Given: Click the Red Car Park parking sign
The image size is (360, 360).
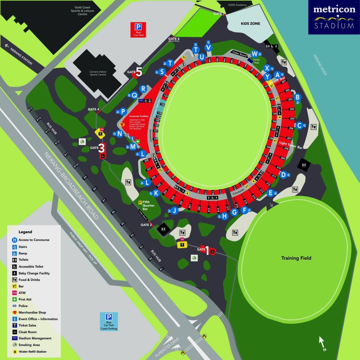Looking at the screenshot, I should point(138,27).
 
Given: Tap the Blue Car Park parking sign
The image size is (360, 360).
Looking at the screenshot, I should point(109,317).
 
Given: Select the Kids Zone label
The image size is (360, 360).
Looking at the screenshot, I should point(250,23).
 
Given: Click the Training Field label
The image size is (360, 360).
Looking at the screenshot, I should point(296,258).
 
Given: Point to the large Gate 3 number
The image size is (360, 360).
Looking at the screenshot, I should point(102,148).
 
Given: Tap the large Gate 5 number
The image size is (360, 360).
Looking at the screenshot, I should point(139,72).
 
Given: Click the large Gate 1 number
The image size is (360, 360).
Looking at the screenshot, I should point(207,250).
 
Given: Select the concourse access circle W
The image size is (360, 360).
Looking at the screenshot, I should point(254,54).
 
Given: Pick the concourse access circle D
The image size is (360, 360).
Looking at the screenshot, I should point(283,174).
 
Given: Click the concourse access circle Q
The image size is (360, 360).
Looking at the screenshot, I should point(134,95).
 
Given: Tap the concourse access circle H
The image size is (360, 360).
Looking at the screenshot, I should point(225,216).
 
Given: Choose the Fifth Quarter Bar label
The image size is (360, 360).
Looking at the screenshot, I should point(148,205).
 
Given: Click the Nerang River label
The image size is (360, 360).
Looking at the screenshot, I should point(320,65).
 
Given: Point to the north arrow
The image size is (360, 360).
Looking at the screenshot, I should point(322,342).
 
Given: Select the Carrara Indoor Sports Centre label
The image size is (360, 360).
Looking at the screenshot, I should point(98,73).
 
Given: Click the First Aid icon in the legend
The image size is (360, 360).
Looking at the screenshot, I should point(14,299).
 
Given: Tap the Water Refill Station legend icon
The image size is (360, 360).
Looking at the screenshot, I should point(14,352).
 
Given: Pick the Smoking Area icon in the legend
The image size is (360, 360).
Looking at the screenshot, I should point(14,345).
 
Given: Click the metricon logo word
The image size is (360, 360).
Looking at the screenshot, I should point(334,9).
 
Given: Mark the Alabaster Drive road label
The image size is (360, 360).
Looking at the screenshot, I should point(167,347).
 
